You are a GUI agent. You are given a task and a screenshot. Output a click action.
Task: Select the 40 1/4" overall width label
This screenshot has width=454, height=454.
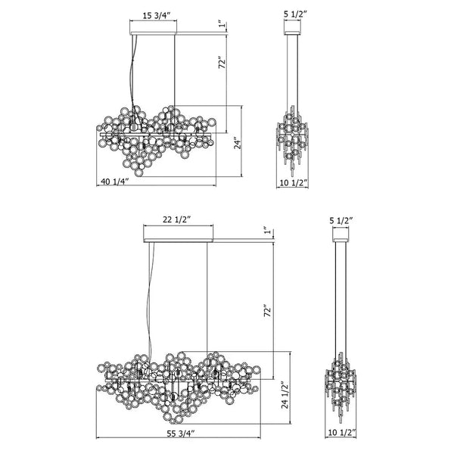coord(114,182)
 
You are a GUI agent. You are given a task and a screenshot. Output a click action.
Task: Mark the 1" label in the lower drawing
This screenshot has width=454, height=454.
coord(266,230)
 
